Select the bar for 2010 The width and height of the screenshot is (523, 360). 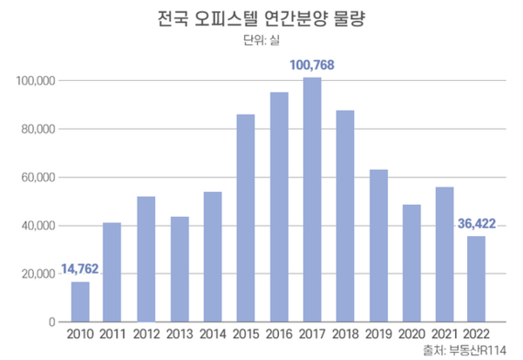point(80,302)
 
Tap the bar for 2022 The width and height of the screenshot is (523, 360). point(476,279)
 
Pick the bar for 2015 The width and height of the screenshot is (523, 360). point(246,218)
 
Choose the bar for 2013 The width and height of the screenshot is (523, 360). point(180,269)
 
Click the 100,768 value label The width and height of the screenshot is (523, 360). point(313,65)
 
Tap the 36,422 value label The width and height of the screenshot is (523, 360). point(476,225)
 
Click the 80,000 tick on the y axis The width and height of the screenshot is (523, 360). point(38,129)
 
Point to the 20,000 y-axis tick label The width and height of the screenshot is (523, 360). point(38,274)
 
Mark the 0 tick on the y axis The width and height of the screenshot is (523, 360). point(52,322)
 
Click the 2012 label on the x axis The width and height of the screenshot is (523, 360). point(146,335)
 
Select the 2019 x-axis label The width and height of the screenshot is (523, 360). point(378,335)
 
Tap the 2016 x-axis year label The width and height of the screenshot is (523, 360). point(279,335)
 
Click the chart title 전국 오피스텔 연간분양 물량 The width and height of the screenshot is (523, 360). point(261,19)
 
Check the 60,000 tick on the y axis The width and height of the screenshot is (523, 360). point(38,178)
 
